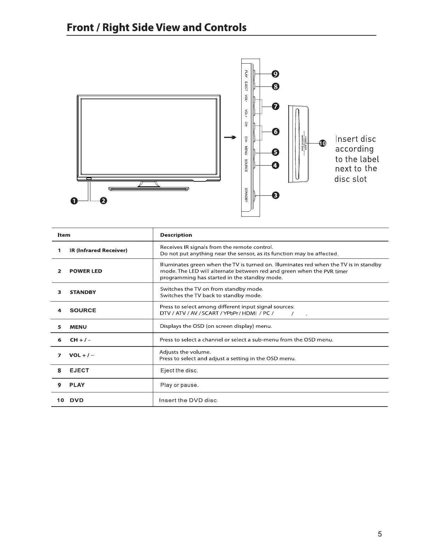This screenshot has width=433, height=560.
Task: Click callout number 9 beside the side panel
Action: (x=275, y=74)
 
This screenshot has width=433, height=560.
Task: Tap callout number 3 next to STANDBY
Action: (x=275, y=196)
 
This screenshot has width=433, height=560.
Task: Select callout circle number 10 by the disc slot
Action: (x=322, y=143)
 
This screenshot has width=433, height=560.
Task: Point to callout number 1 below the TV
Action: (x=74, y=201)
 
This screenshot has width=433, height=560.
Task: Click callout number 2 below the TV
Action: (x=103, y=201)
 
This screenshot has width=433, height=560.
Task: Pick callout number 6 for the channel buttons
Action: (x=275, y=132)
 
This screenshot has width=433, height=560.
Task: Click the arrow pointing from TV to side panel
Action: (x=230, y=138)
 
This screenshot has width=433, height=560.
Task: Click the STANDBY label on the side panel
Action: (x=246, y=196)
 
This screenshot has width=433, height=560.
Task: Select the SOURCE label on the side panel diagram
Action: (x=246, y=165)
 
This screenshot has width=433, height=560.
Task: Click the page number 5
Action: (x=380, y=534)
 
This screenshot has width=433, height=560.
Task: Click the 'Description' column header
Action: (x=176, y=235)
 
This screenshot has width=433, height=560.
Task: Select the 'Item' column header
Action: (x=64, y=235)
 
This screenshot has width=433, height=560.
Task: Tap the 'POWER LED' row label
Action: (x=86, y=271)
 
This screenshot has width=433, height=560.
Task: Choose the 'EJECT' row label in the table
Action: (x=79, y=371)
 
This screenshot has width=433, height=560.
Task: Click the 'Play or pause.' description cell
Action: (x=179, y=385)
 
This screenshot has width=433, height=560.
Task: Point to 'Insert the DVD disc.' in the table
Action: (x=189, y=400)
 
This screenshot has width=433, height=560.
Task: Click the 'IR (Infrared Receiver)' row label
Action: (x=98, y=250)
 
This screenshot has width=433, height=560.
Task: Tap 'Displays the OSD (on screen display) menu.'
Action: (x=216, y=326)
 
